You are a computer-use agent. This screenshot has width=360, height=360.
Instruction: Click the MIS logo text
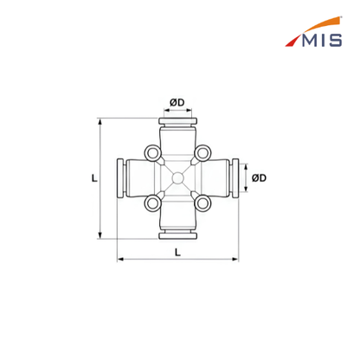tap(322, 40)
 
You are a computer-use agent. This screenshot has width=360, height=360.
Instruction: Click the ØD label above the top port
tap(177, 102)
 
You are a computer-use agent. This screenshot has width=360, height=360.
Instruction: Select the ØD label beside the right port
tap(259, 178)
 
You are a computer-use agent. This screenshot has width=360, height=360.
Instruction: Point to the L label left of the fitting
tap(94, 178)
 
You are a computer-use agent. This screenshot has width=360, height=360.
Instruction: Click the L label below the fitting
tap(177, 253)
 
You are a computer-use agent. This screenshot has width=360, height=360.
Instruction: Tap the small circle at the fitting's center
tap(177, 178)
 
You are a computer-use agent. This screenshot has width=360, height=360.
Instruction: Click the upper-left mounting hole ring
tap(152, 153)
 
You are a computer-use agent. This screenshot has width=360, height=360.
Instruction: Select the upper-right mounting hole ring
tap(202, 153)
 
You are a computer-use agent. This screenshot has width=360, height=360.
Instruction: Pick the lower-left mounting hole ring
tap(152, 203)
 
